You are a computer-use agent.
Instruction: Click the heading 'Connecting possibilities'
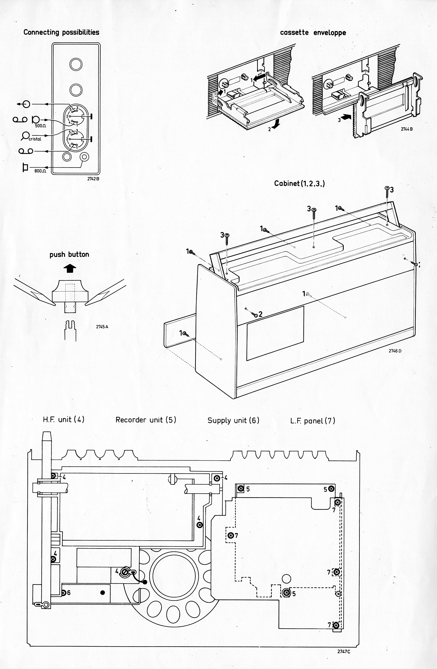tap(61, 32)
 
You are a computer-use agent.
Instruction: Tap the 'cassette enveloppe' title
tap(313, 33)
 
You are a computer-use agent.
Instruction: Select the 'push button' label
tap(69, 254)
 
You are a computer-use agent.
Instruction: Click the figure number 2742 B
tap(93, 178)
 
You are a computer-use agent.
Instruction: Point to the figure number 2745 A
tap(102, 327)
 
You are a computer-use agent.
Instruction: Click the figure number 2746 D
tap(395, 351)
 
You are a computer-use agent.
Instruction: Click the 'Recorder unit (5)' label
tap(146, 420)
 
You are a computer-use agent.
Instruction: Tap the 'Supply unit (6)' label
tap(233, 420)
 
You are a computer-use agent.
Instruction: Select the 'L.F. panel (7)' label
tap(313, 421)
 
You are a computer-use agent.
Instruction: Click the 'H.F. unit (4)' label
tap(63, 420)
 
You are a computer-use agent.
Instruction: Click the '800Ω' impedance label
tap(40, 171)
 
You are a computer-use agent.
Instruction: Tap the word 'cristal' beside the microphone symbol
tap(35, 139)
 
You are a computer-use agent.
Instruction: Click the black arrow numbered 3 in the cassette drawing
tap(345, 116)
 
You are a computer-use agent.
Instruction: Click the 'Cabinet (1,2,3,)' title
tap(299, 184)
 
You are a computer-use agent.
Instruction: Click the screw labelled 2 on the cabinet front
tap(256, 315)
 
